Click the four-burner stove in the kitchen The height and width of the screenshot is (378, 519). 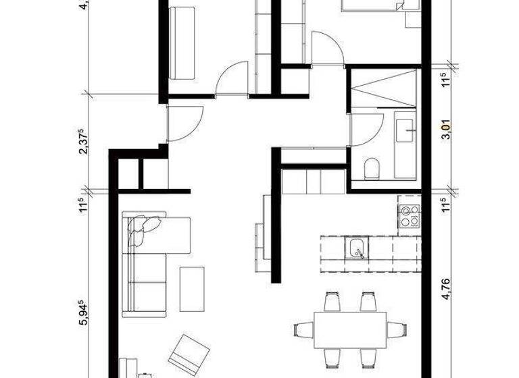(x=408, y=214)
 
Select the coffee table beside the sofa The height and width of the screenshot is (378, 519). (x=193, y=288)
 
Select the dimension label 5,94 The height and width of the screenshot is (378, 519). (x=84, y=314)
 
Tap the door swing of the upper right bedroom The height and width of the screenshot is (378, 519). (x=327, y=49)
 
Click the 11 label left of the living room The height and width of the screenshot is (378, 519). (x=84, y=205)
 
